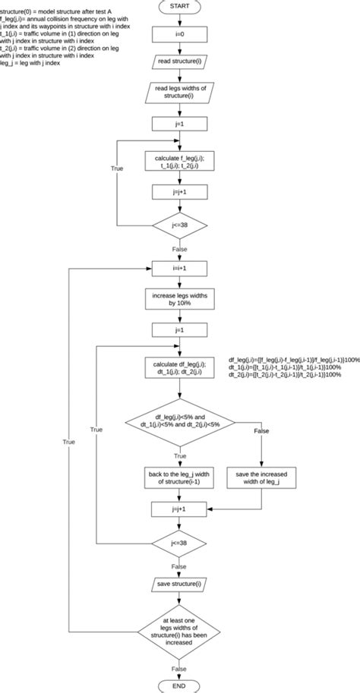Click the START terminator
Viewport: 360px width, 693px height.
[x=179, y=8]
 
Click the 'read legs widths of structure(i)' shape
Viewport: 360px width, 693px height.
[x=179, y=93]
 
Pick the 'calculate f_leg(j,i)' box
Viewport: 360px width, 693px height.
[x=179, y=164]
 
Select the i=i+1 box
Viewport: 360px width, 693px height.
[x=179, y=268]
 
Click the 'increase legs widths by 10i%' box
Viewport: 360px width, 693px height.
[x=179, y=298]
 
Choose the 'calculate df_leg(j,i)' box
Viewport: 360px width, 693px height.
[x=179, y=367]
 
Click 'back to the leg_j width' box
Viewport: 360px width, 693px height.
[x=179, y=477]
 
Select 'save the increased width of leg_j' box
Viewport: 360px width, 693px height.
[x=261, y=477]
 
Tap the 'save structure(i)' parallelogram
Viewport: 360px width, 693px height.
[x=179, y=584]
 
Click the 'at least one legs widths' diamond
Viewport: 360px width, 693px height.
[x=179, y=631]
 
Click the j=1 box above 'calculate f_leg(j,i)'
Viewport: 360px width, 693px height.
[x=179, y=122]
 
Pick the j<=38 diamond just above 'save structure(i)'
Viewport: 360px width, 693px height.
[x=179, y=543]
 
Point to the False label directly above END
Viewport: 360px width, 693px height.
[x=179, y=668]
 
